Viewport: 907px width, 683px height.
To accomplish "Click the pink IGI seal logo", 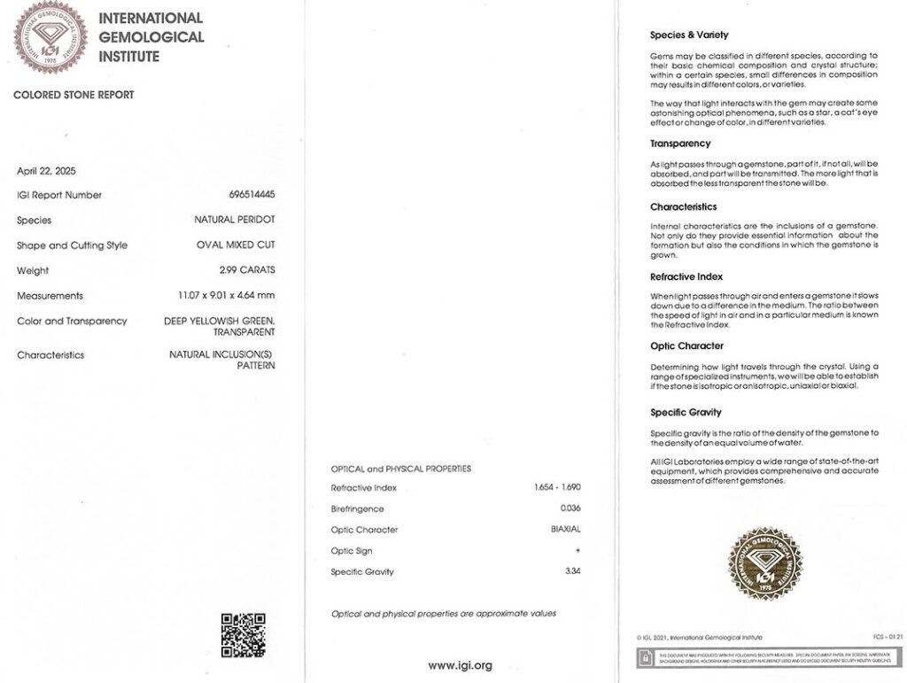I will tap(50, 37).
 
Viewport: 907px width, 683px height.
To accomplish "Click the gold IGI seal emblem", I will tap(765, 564).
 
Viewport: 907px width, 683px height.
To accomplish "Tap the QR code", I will tap(243, 634).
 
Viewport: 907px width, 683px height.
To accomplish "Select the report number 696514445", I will tap(252, 195).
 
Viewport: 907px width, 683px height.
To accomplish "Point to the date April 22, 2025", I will tap(46, 171).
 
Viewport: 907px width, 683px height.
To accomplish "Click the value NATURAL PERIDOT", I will tap(235, 220).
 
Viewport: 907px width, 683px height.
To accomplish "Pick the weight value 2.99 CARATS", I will tap(248, 270).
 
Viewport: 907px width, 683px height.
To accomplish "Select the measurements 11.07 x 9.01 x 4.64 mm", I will tap(228, 296).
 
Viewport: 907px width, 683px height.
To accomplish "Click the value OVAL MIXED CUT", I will tap(236, 245).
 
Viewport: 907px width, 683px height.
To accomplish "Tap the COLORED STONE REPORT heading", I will tap(74, 95).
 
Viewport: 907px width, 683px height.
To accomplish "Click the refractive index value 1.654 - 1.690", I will tap(557, 487).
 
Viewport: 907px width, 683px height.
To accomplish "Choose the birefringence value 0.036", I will tap(570, 508).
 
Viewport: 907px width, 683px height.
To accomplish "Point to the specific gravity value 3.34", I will tap(573, 572).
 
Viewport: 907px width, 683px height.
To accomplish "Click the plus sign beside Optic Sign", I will tap(578, 551).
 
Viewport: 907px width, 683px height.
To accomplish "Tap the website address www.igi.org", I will tap(460, 665).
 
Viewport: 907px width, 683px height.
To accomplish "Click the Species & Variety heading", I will tap(689, 35).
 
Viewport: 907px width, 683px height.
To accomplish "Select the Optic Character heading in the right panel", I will tap(686, 346).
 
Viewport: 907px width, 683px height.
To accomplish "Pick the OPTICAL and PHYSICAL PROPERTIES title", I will tap(401, 469).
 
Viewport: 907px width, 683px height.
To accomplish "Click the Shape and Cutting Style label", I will tap(72, 245).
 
